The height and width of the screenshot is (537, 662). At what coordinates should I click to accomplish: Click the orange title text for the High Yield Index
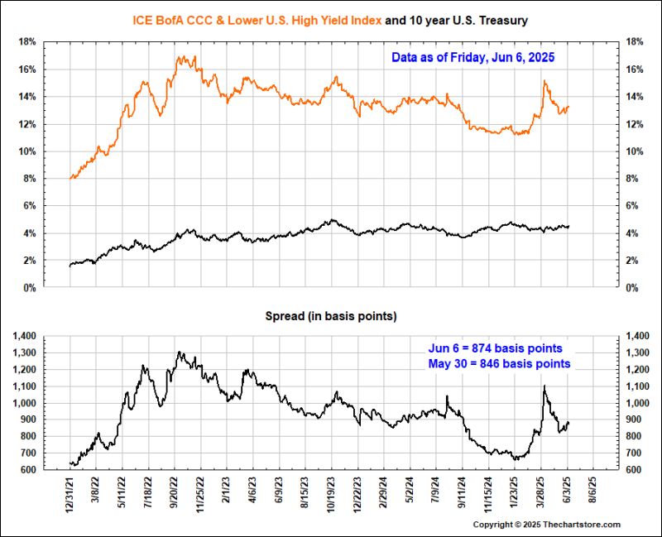257,18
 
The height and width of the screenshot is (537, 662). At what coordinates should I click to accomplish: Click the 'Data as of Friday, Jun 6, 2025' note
473,58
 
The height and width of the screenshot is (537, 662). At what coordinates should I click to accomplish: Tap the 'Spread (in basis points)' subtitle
330,317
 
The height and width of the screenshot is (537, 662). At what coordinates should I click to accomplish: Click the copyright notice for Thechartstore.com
559,525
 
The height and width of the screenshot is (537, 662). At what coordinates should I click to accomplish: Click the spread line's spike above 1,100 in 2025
544,386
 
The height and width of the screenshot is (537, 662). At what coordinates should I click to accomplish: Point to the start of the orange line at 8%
71,177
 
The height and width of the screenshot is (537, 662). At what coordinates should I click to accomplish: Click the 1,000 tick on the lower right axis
638,403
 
